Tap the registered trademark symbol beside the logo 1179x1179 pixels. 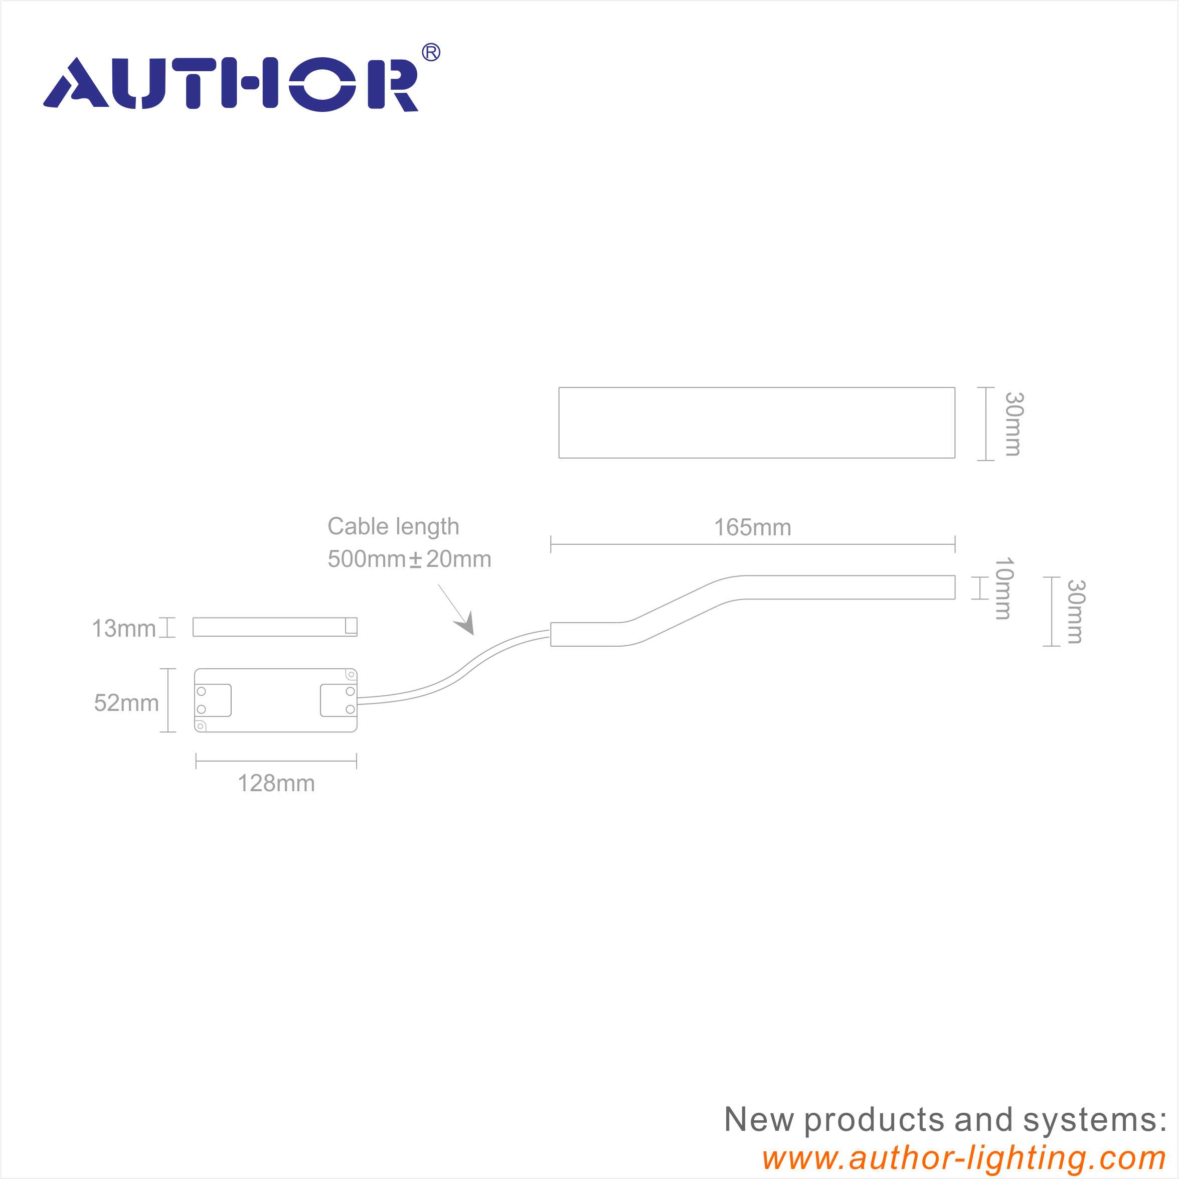(x=431, y=53)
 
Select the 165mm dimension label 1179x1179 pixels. (x=752, y=527)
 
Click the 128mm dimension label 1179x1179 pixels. (x=276, y=783)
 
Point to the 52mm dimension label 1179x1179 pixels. (x=126, y=703)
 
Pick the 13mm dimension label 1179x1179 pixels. (x=123, y=628)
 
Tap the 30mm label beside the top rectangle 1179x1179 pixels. (x=1014, y=424)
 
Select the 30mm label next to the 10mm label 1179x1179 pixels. (x=1075, y=611)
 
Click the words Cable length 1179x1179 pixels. (x=393, y=526)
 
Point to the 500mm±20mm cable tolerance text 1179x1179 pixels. (x=409, y=559)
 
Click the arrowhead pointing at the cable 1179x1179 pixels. (x=465, y=624)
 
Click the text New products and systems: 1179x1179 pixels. (x=945, y=1119)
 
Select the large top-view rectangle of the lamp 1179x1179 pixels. (x=757, y=422)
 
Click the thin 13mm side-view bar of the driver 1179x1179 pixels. (x=275, y=627)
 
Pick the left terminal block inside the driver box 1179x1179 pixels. (x=213, y=700)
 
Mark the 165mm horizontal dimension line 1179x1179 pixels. (x=752, y=544)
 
